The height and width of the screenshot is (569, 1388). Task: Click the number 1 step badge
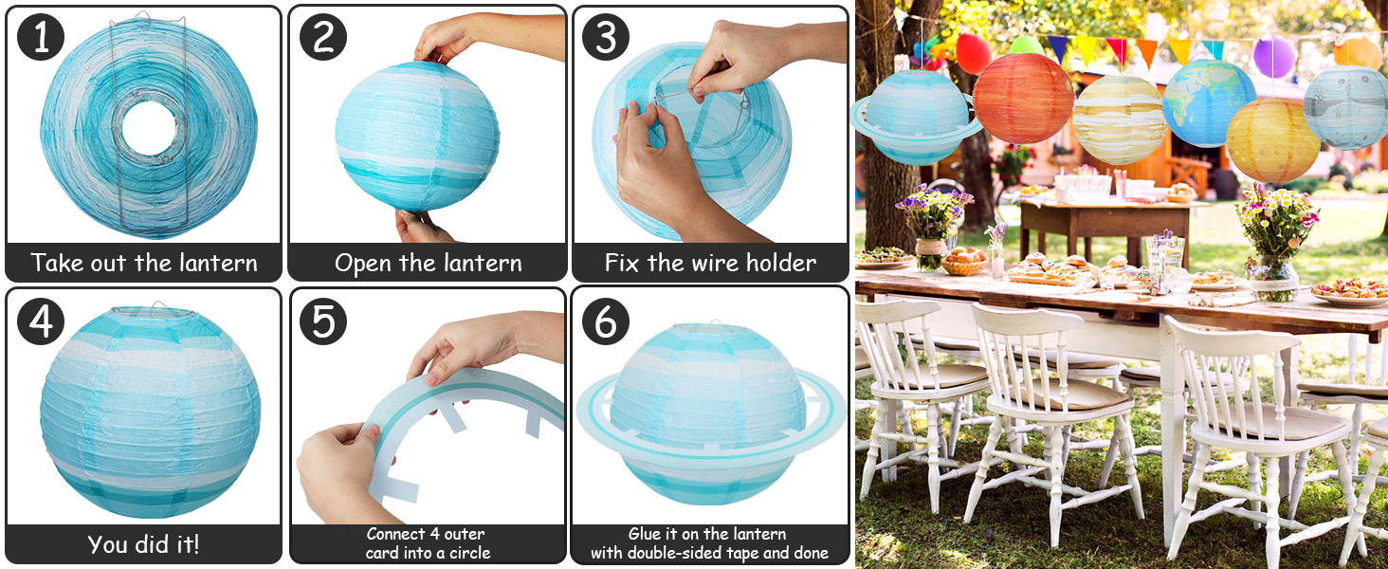pos(41,37)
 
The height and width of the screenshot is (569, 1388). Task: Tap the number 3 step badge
pos(606,37)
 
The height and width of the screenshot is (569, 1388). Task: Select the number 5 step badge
pos(323,320)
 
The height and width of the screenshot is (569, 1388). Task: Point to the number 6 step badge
pos(606,320)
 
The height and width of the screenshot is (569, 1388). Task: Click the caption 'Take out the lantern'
pos(144,263)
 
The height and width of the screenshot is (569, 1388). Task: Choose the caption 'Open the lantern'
pos(428,263)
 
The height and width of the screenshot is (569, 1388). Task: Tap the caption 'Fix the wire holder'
pos(710,263)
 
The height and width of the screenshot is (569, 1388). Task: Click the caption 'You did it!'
pos(144,544)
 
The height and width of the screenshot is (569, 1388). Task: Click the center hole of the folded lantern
pos(149,129)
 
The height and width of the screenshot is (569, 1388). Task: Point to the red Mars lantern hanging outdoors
pos(1023,98)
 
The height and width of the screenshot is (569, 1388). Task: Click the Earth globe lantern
pos(1209,102)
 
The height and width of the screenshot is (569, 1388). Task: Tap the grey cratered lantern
pos(1346,107)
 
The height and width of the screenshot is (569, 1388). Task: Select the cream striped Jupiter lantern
pos(1120,119)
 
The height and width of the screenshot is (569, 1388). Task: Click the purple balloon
pos(1273,57)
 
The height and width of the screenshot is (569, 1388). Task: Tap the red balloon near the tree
pos(974,53)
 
